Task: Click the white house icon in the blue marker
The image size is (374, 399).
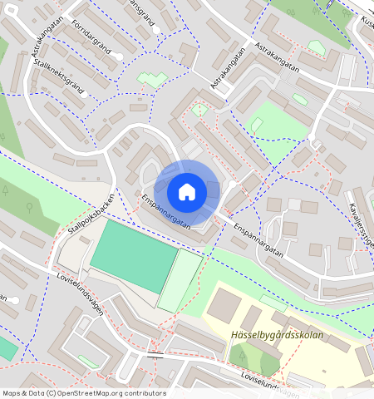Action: pos(187,192)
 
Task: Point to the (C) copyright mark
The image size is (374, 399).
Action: pos(52,393)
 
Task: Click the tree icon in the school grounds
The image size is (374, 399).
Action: pos(243,357)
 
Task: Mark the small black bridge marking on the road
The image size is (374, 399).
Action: pos(155,355)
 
